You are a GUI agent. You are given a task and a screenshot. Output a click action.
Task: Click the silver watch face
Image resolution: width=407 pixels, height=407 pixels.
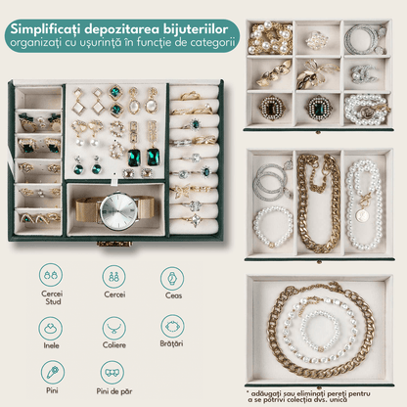(x=118, y=210)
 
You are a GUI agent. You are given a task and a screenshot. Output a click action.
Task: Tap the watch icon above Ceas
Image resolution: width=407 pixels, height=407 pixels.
(x=172, y=279)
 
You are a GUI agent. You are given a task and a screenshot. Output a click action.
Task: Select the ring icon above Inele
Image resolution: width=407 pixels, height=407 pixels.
(x=50, y=328)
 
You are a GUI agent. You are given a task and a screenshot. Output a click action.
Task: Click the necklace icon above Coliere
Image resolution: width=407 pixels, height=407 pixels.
(x=113, y=328)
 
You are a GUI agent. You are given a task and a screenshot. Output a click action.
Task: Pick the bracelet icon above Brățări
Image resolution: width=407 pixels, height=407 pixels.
(x=172, y=326)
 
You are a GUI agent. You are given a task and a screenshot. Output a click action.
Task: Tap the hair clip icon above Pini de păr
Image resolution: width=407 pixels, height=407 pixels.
(x=113, y=373)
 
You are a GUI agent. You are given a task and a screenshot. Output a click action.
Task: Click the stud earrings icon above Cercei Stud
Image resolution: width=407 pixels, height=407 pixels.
(x=51, y=275)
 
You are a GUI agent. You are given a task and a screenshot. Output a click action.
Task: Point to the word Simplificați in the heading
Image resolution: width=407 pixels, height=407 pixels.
(x=45, y=29)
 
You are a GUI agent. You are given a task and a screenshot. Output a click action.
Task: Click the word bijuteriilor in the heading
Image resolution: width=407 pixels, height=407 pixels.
(x=195, y=29)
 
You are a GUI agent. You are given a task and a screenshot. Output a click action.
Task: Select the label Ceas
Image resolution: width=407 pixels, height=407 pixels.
(x=173, y=295)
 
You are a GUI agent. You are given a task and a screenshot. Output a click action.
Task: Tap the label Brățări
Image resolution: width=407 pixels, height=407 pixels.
(x=171, y=343)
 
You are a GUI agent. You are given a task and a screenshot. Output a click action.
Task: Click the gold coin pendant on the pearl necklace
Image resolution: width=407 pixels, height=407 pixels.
(x=361, y=215)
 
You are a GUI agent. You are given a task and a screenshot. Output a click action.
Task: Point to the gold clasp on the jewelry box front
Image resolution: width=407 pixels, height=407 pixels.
(x=114, y=244)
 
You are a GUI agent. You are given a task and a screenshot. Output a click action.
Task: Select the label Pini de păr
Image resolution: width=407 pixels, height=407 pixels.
(x=114, y=391)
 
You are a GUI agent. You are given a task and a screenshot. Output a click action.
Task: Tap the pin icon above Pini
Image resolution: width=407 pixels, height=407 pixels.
(x=53, y=372)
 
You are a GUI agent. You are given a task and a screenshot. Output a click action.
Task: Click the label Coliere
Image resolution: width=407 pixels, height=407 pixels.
(x=114, y=344)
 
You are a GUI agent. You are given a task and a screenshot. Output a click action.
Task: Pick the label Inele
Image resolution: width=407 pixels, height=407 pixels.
(x=51, y=345)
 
